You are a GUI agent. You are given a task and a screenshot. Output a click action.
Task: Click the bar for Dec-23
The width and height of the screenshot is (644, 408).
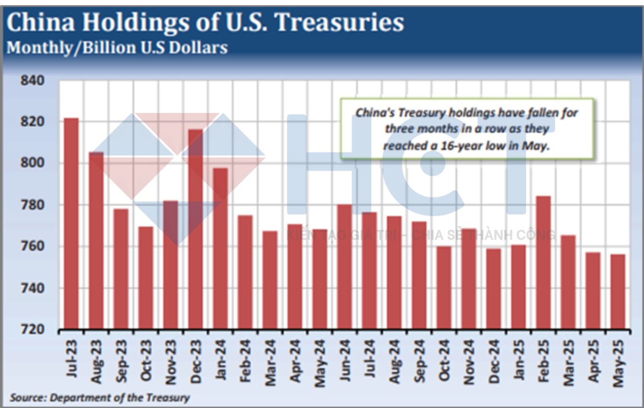click(196, 229)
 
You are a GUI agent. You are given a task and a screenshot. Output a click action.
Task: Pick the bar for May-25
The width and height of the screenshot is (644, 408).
click(618, 292)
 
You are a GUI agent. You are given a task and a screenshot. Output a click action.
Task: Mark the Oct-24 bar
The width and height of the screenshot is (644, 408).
click(444, 288)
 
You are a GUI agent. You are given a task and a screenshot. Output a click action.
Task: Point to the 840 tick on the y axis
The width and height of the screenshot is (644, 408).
click(32, 80)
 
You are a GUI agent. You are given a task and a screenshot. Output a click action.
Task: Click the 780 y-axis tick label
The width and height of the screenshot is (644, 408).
click(32, 205)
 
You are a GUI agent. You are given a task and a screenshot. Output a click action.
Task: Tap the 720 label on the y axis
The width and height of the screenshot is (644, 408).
click(32, 330)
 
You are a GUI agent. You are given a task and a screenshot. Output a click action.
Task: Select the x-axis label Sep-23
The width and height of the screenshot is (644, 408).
click(121, 361)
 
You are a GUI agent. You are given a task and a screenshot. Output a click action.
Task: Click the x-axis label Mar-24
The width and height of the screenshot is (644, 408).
click(270, 363)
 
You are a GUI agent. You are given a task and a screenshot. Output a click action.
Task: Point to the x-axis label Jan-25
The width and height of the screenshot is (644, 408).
click(519, 360)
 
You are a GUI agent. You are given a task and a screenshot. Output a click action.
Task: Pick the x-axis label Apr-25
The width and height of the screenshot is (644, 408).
click(593, 361)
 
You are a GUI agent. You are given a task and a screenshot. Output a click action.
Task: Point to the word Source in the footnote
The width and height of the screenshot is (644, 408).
click(27, 398)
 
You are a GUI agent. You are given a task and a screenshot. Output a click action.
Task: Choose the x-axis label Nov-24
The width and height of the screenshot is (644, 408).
click(469, 362)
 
